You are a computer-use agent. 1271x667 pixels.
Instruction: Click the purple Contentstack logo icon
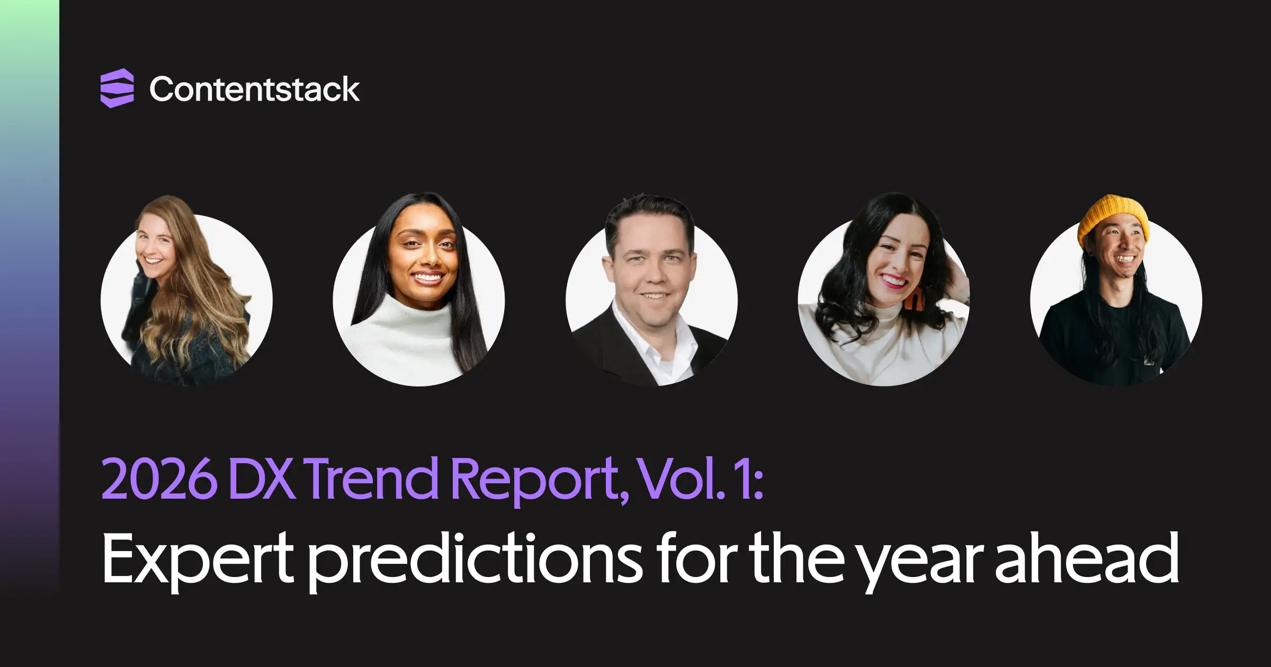pos(117,88)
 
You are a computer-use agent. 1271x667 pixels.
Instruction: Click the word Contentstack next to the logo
pos(254,89)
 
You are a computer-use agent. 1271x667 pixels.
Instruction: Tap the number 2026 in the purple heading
pos(159,478)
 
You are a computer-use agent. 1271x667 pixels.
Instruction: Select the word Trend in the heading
pos(371,477)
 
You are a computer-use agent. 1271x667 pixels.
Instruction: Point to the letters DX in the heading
pos(262,479)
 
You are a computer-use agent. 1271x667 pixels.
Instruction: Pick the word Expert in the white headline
pos(197,561)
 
